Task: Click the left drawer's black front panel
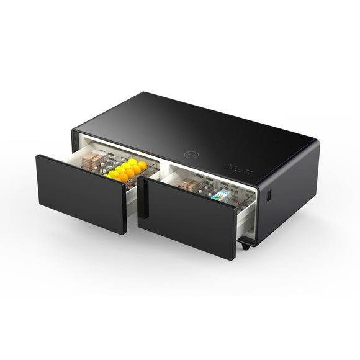81,192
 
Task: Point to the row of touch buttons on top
238,168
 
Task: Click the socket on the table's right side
269,196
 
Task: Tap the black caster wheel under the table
246,246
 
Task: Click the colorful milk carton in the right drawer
219,196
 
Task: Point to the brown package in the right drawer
189,185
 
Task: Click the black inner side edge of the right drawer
142,199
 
